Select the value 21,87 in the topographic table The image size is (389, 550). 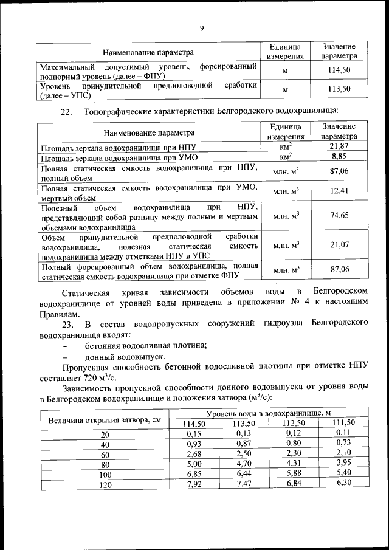pyautogui.click(x=339, y=146)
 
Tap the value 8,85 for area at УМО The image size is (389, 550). pyautogui.click(x=339, y=156)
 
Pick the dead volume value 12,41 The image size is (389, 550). pyautogui.click(x=339, y=191)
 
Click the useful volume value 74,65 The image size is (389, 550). pyautogui.click(x=339, y=215)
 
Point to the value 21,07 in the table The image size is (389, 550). pyautogui.click(x=339, y=244)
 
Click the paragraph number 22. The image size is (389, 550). pyautogui.click(x=67, y=111)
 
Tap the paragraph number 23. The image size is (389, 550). pyautogui.click(x=67, y=323)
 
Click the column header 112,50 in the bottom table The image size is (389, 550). pyautogui.click(x=294, y=423)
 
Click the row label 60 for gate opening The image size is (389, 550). pyautogui.click(x=106, y=454)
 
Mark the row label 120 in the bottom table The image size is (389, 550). pyautogui.click(x=106, y=484)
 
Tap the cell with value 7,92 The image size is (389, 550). pyautogui.click(x=194, y=484)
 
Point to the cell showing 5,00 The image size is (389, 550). pyautogui.click(x=194, y=464)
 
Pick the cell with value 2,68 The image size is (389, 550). pyautogui.click(x=194, y=454)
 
